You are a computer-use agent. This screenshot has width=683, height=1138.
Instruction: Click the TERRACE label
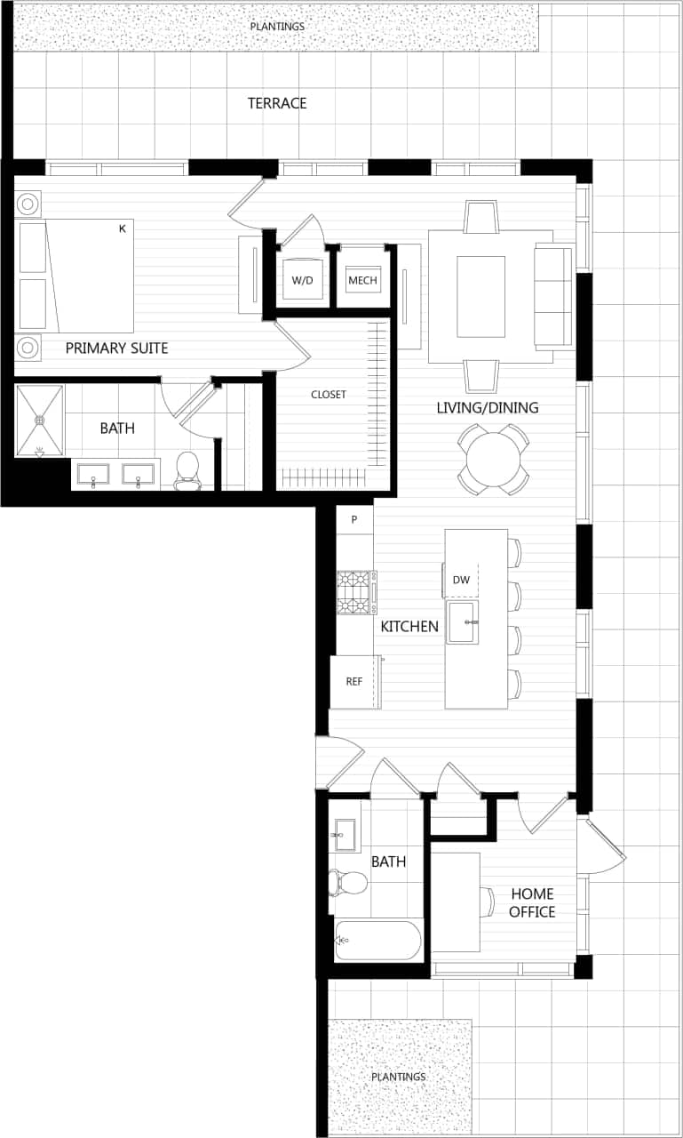point(277,103)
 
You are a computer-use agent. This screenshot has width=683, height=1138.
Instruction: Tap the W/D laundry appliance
point(303,280)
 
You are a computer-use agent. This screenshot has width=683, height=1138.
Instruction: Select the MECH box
point(362,280)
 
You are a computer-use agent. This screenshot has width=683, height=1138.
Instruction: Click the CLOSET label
point(329,394)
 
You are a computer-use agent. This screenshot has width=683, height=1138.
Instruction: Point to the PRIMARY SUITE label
point(116,348)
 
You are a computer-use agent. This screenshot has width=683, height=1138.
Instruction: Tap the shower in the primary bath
point(40,420)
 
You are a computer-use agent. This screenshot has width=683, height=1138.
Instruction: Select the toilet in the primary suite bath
point(187,471)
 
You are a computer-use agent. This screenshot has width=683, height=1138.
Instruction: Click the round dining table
point(493,459)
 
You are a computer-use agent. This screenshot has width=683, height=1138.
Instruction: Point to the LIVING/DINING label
point(487,408)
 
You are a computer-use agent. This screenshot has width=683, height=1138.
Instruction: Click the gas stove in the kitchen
point(356,593)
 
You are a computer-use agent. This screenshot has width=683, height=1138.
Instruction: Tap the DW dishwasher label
point(461,580)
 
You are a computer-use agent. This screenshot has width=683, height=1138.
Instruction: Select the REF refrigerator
point(355,682)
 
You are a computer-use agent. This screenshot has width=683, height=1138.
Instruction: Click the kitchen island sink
point(463,621)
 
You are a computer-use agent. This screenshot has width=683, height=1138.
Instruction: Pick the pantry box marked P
point(354,519)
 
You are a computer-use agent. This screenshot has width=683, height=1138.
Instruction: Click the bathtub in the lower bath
point(378,940)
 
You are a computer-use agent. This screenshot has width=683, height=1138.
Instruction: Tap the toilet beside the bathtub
point(347,883)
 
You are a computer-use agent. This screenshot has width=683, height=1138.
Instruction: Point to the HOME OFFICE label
point(532,902)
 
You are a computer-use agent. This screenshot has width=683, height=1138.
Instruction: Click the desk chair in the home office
point(488,902)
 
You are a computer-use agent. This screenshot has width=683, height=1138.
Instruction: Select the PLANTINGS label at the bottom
point(399,1077)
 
